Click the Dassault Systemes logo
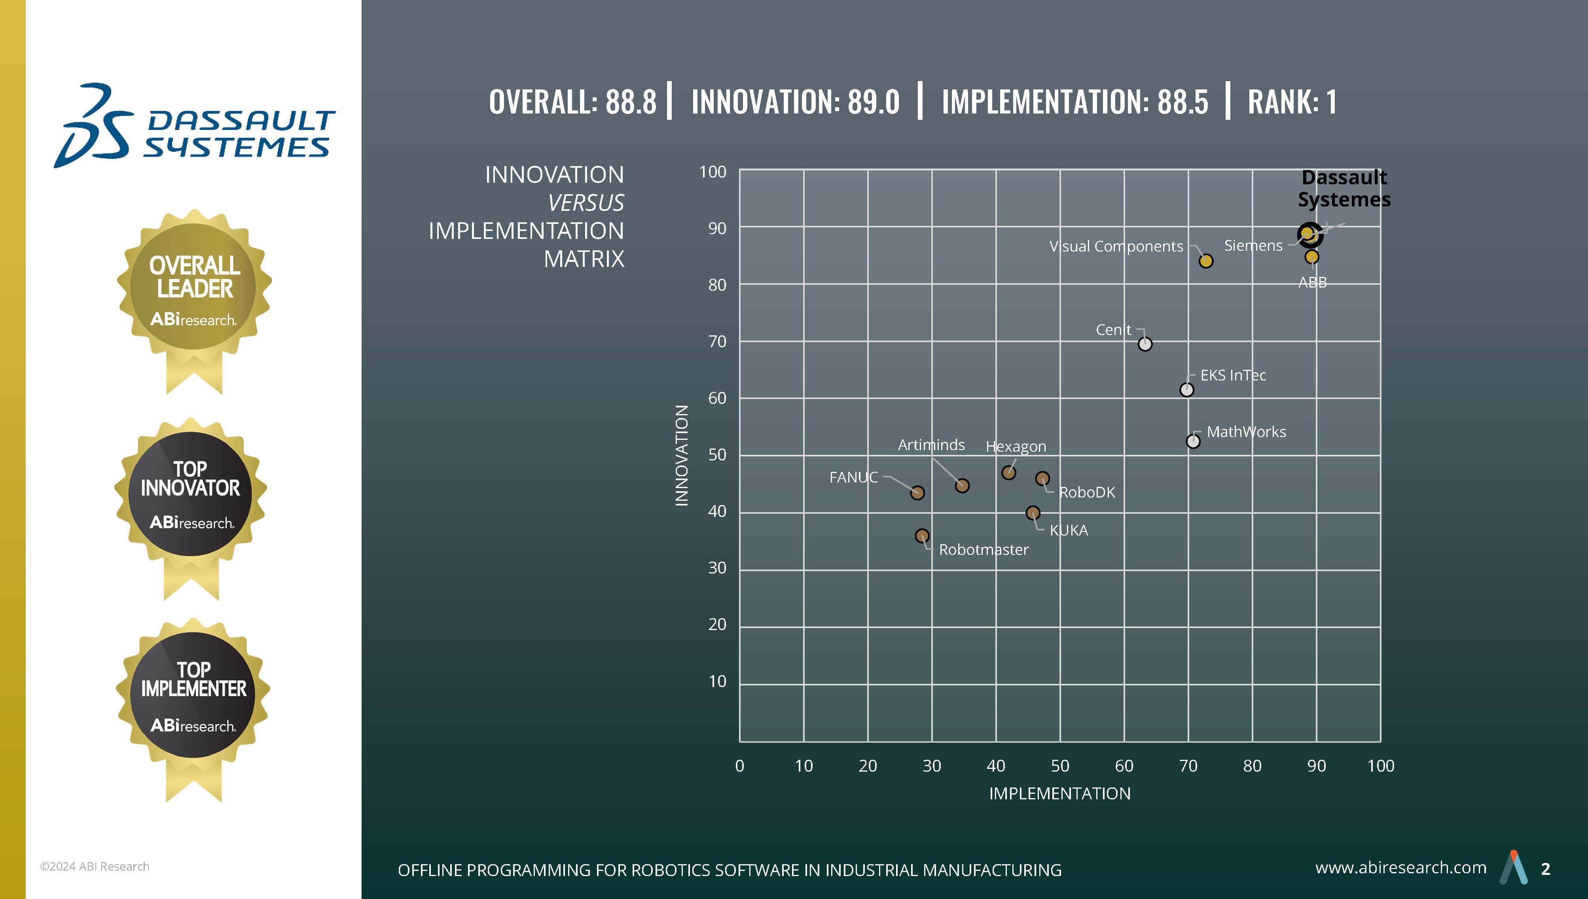pos(195,126)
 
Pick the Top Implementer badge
pos(193,694)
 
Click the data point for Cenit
pos(1145,344)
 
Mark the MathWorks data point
pos(1193,441)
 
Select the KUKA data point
pos(1032,513)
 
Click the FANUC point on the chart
pos(917,493)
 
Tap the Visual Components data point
pos(1206,261)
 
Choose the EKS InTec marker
pos(1187,390)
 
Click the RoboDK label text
pos(1087,492)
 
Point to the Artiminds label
pos(931,445)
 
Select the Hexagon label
pos(1016,447)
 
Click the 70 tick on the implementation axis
pos(1188,766)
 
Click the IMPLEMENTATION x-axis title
pos(1059,793)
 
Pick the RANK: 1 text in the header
pos(1292,102)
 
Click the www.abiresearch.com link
pos(1400,867)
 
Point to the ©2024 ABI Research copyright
pos(95,866)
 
